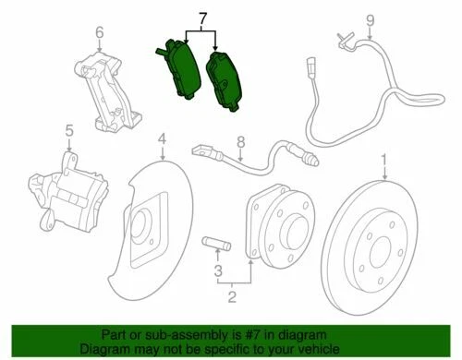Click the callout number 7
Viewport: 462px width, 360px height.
tap(202, 17)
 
